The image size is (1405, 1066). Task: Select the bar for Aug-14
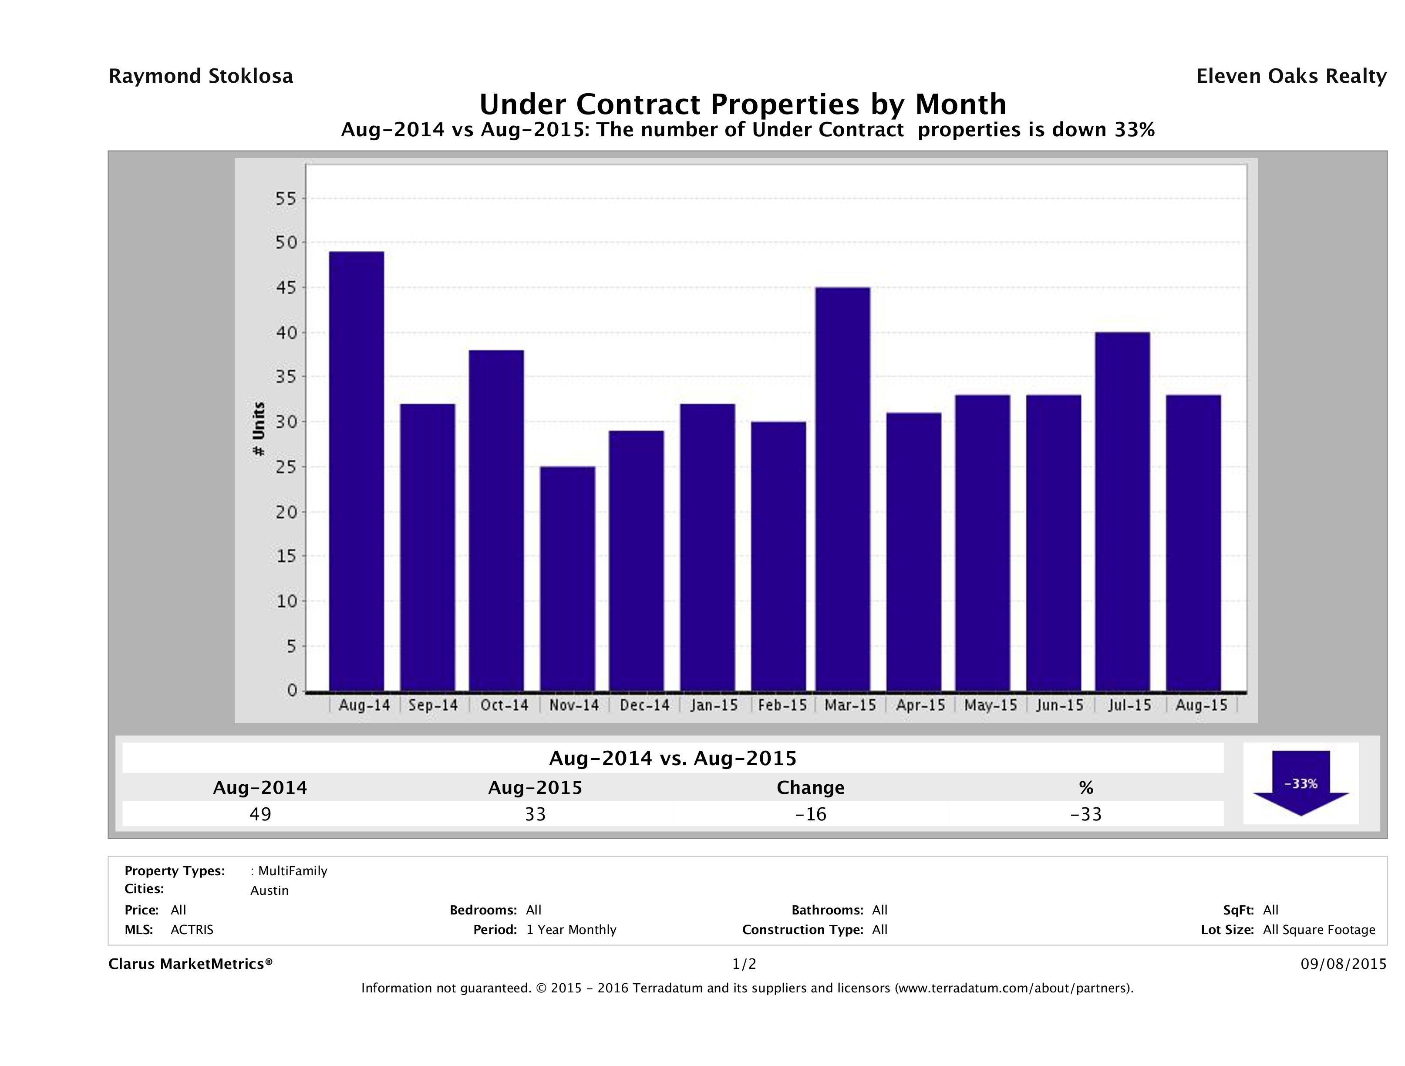356,471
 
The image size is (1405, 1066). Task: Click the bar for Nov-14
567,578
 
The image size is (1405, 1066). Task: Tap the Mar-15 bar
843,489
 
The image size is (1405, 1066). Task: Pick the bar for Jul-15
1122,511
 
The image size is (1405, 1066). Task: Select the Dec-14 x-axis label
645,705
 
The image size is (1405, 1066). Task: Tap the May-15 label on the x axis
990,705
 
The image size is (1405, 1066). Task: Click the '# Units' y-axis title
259,429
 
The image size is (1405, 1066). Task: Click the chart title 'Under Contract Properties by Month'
742,104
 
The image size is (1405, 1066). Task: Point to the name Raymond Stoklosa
201,76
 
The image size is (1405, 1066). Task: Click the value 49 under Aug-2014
260,814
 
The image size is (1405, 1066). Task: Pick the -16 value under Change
811,814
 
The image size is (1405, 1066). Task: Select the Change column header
811,788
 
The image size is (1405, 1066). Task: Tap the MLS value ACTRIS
192,929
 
